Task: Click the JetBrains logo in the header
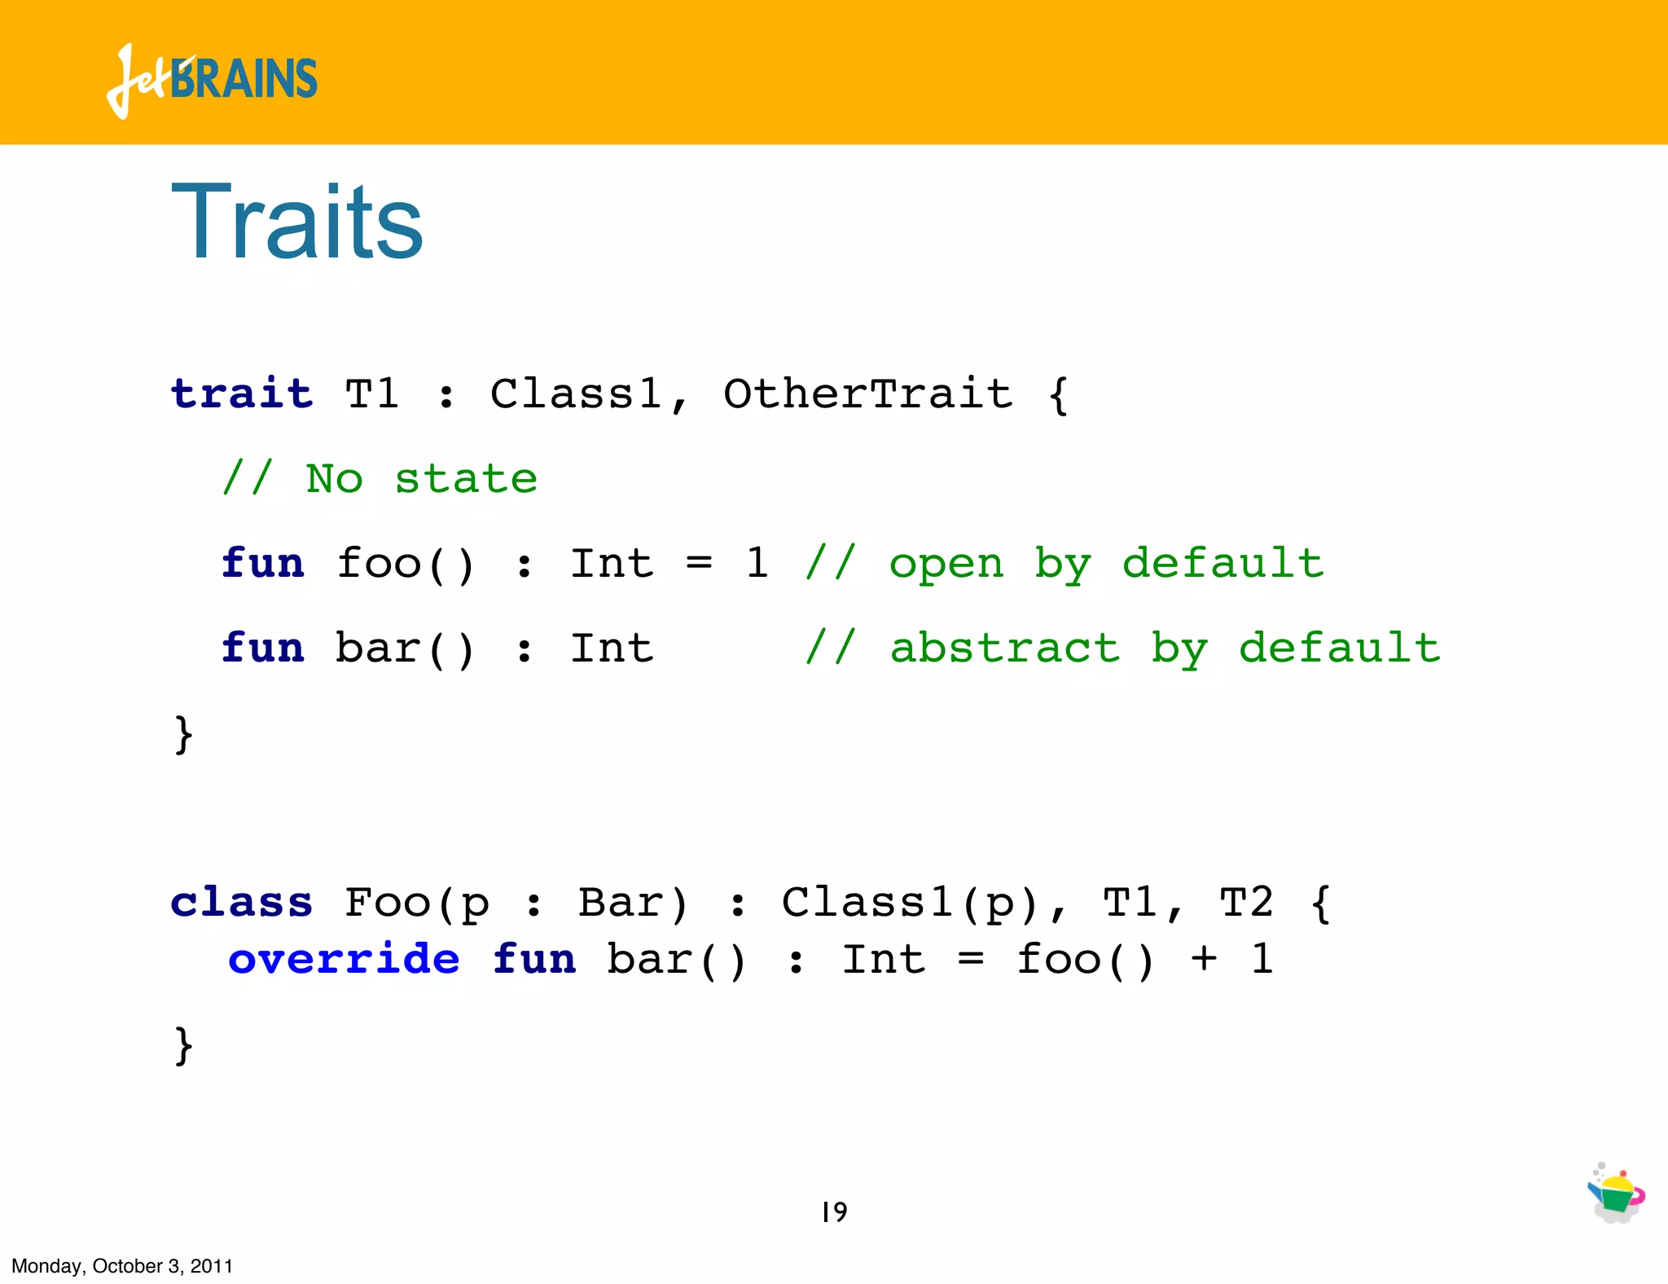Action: tap(212, 80)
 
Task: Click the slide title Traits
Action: tap(297, 222)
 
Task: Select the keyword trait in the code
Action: tap(242, 394)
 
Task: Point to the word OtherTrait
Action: tap(867, 394)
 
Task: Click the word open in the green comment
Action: tap(946, 564)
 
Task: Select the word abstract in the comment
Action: tap(1004, 649)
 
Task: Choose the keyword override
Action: tap(344, 959)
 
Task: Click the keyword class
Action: tap(242, 903)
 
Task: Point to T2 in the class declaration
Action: tap(1246, 903)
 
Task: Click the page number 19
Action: tap(834, 1212)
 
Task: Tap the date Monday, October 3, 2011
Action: tap(122, 1266)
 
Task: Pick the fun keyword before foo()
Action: tap(263, 564)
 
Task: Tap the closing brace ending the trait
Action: tap(184, 734)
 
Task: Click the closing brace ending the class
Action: tap(184, 1044)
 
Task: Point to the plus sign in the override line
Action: tap(1204, 959)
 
